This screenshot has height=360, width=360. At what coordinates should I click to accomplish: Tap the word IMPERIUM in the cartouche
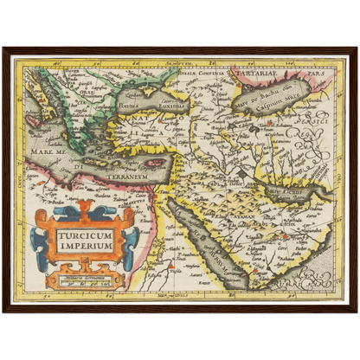tap(85, 246)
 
